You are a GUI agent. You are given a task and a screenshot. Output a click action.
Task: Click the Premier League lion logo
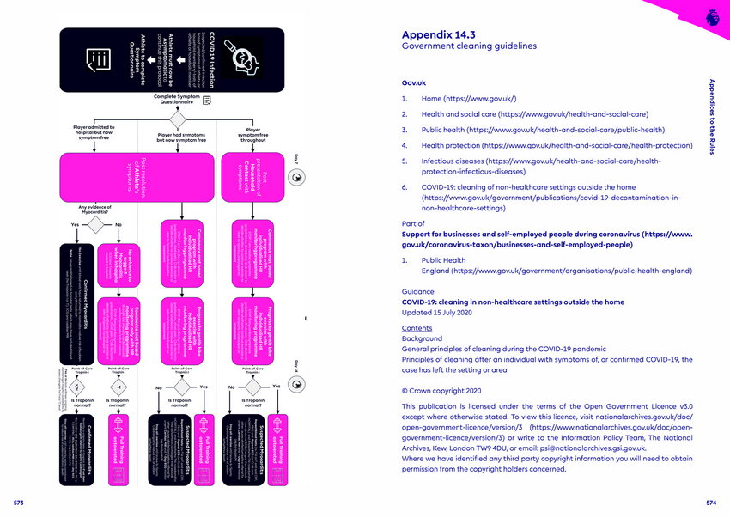711,16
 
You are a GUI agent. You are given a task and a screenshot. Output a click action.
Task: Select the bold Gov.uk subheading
414,82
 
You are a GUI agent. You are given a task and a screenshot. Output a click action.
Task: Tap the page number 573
19,502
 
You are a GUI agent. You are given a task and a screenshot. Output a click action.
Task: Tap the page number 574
710,502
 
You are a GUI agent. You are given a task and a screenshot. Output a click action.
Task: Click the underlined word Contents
417,328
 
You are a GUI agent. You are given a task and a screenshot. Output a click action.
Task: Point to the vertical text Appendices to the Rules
711,117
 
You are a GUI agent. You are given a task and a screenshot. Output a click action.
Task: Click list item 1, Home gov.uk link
468,99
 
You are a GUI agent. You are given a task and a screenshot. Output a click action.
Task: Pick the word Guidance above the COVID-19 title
418,292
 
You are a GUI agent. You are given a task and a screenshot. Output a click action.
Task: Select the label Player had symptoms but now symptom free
181,137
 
